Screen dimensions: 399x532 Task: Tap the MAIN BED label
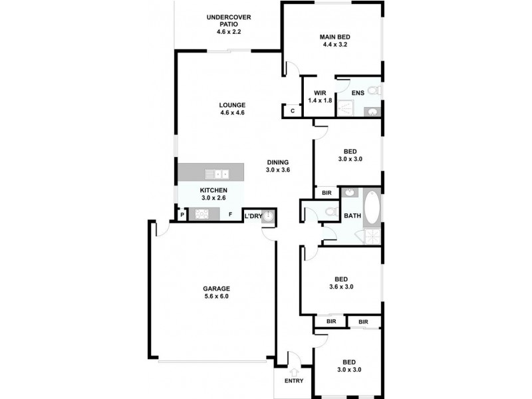(x=334, y=41)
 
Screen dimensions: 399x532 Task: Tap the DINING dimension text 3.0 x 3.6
(x=278, y=170)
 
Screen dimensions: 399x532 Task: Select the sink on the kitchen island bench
(x=217, y=174)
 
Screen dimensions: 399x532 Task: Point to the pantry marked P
(x=182, y=215)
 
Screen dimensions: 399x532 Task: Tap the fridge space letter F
(x=231, y=215)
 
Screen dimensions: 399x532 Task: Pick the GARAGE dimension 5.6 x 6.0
(x=216, y=297)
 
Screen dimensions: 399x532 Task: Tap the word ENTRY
(x=293, y=381)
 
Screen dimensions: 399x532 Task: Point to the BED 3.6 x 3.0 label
(x=340, y=283)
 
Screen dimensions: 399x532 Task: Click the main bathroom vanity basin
(x=350, y=194)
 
